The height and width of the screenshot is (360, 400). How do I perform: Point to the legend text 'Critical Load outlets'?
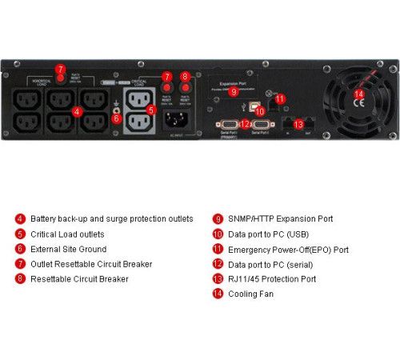tap(67, 234)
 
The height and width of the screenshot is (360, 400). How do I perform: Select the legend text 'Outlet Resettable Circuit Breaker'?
tap(91, 264)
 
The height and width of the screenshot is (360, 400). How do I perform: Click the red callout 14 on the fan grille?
tap(359, 94)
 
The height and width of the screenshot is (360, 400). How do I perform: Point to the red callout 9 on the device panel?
tap(234, 92)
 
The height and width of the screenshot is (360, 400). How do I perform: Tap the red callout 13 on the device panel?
tap(299, 124)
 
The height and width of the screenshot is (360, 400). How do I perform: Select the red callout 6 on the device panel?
tap(116, 118)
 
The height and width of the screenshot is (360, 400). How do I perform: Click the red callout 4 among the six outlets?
tap(77, 111)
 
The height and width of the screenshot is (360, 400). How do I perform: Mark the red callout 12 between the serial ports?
tap(245, 124)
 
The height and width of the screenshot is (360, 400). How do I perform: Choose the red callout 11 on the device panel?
tap(280, 99)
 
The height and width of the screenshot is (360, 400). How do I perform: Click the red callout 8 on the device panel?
tap(186, 78)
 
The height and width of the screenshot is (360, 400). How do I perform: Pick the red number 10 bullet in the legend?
tap(218, 234)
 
